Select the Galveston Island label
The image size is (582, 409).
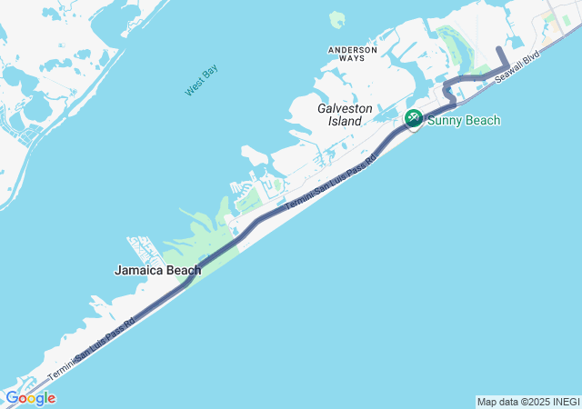click(x=345, y=114)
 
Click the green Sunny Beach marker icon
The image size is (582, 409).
click(x=413, y=118)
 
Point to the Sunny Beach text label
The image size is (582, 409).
click(x=464, y=120)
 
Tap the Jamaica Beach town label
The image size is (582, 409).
click(x=157, y=270)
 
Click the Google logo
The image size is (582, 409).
click(x=30, y=398)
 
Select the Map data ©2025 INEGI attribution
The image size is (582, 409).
click(x=527, y=402)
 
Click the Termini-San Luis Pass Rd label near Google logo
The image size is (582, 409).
click(x=91, y=348)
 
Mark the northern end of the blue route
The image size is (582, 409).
click(x=498, y=47)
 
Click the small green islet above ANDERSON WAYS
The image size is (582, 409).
click(x=336, y=19)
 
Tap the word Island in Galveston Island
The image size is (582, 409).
click(x=345, y=121)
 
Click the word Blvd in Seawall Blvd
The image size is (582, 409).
click(x=531, y=59)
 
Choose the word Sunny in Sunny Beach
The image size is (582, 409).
click(x=447, y=120)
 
